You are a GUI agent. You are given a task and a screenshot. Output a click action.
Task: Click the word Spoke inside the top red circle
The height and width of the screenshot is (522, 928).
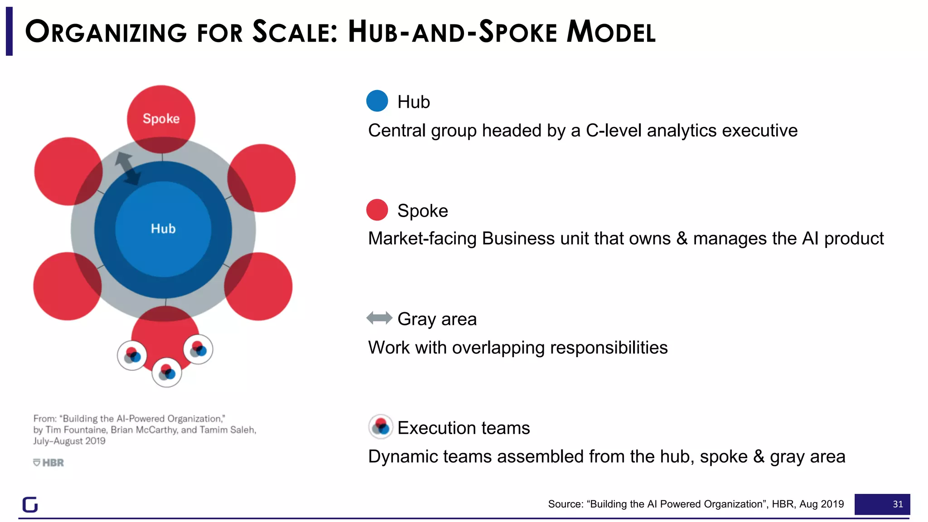pyautogui.click(x=161, y=119)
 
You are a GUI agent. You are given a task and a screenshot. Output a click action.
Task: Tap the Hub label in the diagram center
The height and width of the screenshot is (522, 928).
pyautogui.click(x=163, y=228)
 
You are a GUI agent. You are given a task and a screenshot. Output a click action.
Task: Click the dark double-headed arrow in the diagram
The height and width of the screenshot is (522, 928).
pyautogui.click(x=127, y=169)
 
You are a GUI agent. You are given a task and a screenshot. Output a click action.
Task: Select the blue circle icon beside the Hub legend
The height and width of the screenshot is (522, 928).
pyautogui.click(x=377, y=101)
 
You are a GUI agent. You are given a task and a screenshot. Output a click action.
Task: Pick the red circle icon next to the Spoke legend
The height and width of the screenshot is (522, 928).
pyautogui.click(x=377, y=210)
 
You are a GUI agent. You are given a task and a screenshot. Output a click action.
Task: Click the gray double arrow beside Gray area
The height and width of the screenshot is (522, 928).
pyautogui.click(x=379, y=318)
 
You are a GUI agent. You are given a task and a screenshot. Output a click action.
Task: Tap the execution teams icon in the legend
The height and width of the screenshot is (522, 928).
pyautogui.click(x=381, y=426)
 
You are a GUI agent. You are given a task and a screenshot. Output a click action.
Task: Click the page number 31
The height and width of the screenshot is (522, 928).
pyautogui.click(x=898, y=504)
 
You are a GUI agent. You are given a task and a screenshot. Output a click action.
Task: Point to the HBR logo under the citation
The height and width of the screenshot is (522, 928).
pyautogui.click(x=48, y=463)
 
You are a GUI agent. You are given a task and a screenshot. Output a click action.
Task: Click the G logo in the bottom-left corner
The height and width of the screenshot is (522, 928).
pyautogui.click(x=30, y=504)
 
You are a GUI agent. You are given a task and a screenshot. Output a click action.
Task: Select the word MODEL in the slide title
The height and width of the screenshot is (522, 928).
pyautogui.click(x=611, y=32)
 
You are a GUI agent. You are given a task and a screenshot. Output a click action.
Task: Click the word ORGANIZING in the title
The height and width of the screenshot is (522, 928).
pyautogui.click(x=106, y=32)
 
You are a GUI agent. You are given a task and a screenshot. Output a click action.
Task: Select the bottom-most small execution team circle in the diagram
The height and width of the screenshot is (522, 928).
pyautogui.click(x=167, y=372)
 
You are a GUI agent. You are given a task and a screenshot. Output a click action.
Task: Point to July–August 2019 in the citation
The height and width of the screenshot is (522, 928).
pyautogui.click(x=69, y=441)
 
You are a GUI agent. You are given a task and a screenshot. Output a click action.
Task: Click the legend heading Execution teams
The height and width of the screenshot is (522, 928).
pyautogui.click(x=464, y=428)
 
